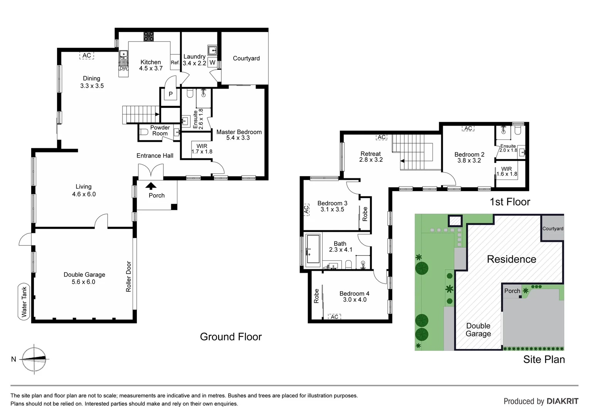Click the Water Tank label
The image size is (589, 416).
click(x=24, y=302)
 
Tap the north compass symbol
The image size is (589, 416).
click(x=34, y=359)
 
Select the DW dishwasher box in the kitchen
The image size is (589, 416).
click(x=123, y=69)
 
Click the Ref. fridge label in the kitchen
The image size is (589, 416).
click(x=175, y=62)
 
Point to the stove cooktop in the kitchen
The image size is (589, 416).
click(x=149, y=37)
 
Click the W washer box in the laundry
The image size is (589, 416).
click(x=212, y=62)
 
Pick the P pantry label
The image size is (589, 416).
click(x=170, y=94)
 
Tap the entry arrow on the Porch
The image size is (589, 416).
click(x=151, y=186)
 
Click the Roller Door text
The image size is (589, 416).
click(x=129, y=277)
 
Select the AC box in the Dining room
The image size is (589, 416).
click(x=87, y=55)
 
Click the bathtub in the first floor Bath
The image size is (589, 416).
click(x=313, y=250)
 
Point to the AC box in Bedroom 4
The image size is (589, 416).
click(x=335, y=317)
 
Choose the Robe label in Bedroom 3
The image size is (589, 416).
click(x=365, y=214)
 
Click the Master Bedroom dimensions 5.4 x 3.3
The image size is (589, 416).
click(x=238, y=138)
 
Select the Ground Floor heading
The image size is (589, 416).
click(x=231, y=337)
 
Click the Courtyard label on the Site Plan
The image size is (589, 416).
click(x=553, y=228)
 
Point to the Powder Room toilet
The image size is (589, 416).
click(x=144, y=132)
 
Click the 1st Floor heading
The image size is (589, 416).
click(x=510, y=202)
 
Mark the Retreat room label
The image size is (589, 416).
click(x=370, y=154)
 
